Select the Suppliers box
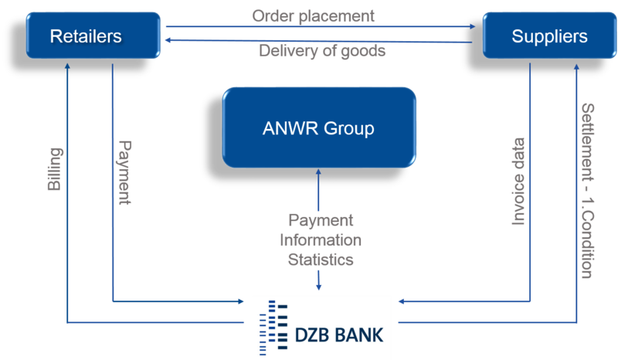548,36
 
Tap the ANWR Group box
319,127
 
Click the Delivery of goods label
322,51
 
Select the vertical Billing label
55,170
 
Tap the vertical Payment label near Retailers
124,172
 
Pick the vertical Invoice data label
518,182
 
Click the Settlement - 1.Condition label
587,190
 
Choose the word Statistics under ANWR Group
321,259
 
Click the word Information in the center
321,239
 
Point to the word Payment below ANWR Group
321,220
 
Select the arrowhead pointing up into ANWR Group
319,173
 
